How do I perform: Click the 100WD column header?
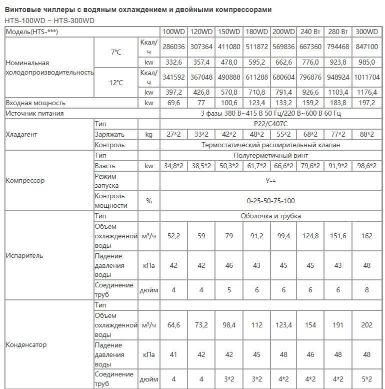[173, 32]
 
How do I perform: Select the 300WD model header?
[366, 32]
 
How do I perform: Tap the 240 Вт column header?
[310, 32]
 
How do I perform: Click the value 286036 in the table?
[173, 47]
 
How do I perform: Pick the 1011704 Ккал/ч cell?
[366, 77]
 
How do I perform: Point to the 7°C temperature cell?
[115, 52]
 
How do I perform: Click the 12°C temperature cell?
[115, 82]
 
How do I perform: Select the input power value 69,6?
[173, 103]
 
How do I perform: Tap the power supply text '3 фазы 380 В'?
[235, 114]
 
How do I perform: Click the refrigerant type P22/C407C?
[270, 124]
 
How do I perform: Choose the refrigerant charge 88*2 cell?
[366, 134]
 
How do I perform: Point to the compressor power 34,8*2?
[173, 166]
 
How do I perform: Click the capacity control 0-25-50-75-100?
[270, 201]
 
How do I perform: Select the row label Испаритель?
[24, 255]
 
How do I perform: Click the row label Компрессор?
[25, 180]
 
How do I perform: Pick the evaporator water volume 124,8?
[310, 235]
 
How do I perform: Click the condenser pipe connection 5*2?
[366, 379]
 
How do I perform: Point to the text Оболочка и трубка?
[270, 216]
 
